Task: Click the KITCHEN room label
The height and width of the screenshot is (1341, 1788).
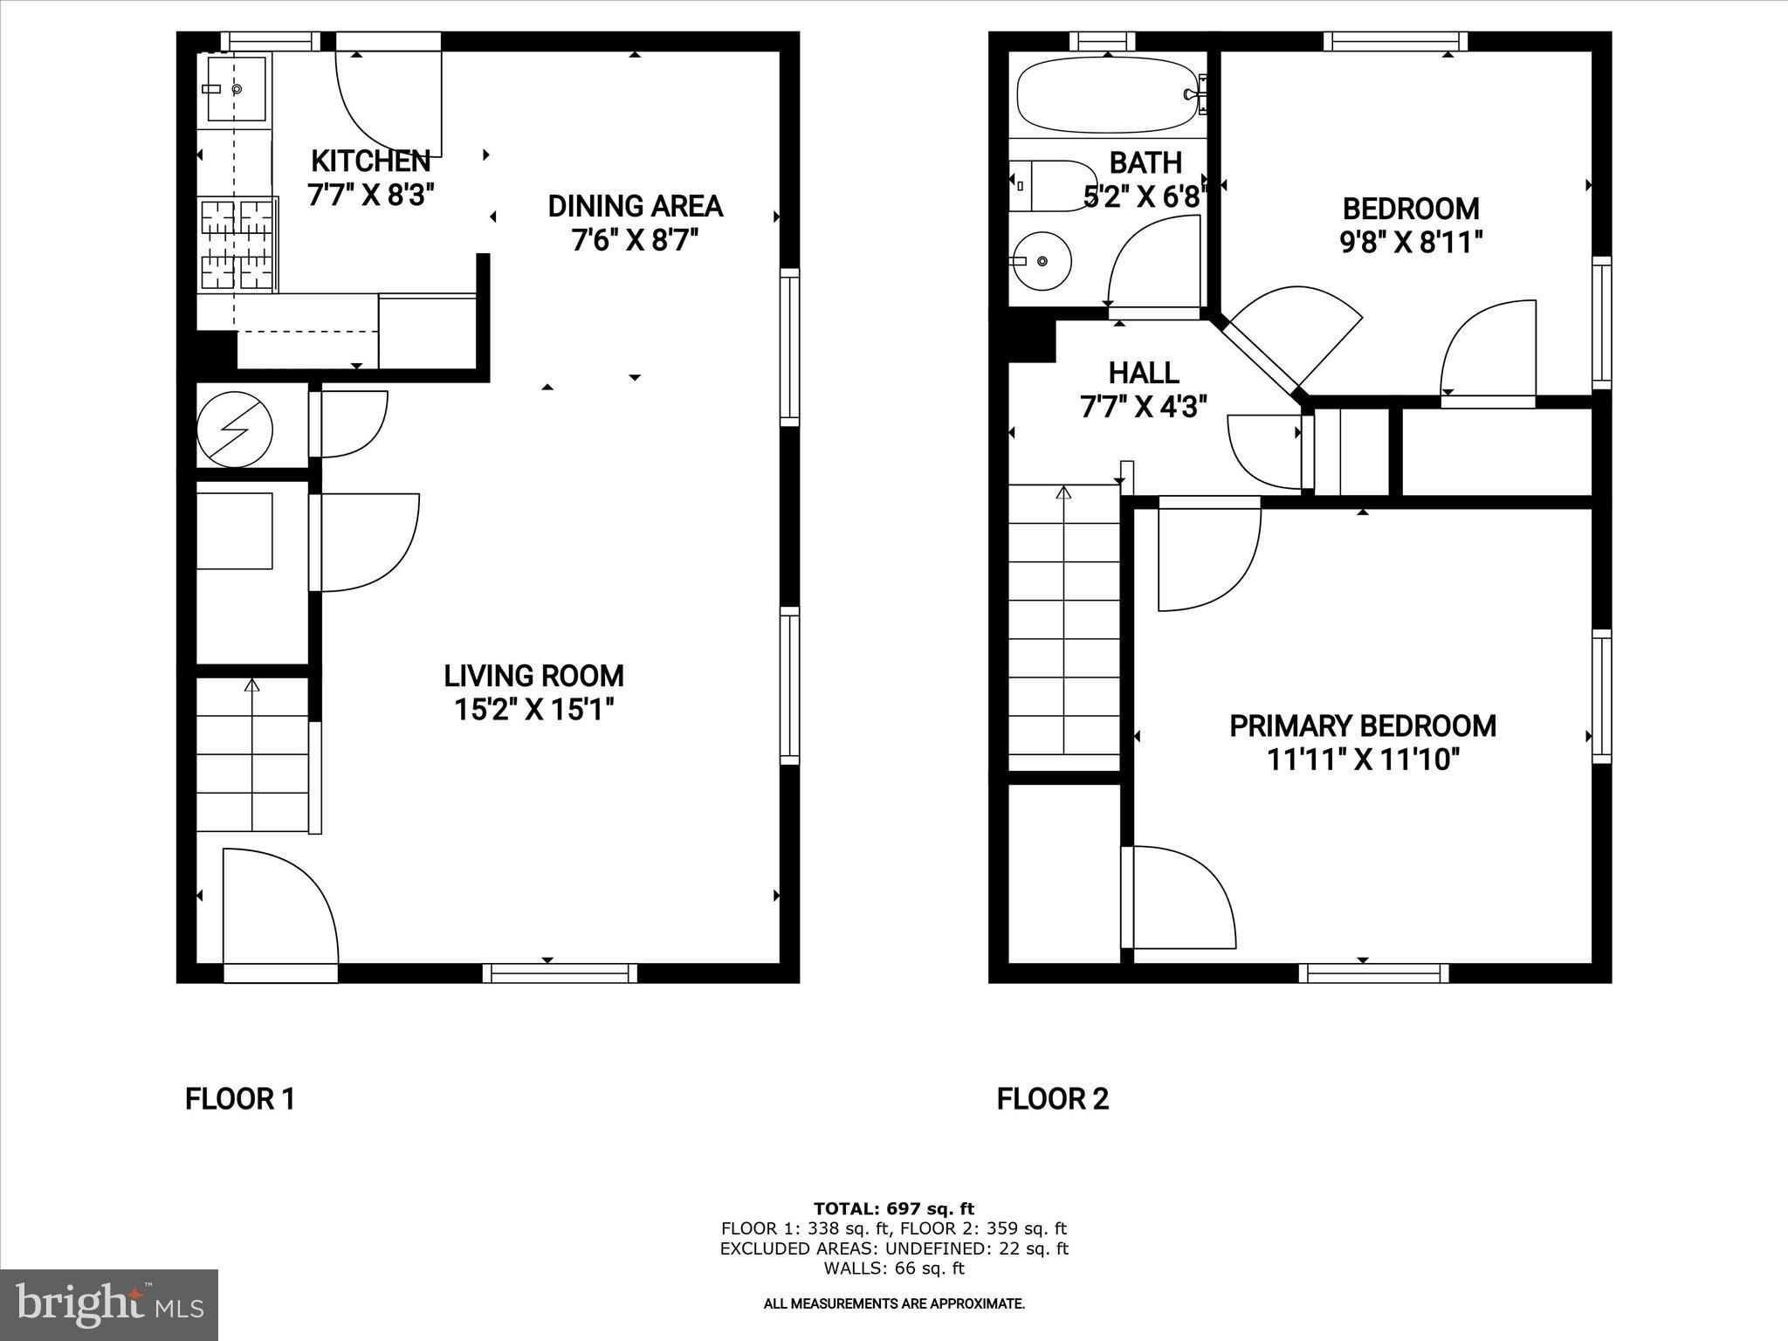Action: coord(370,162)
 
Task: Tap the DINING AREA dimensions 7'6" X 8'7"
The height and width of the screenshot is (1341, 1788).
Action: coord(635,240)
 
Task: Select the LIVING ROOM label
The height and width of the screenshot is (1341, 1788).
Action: coord(533,676)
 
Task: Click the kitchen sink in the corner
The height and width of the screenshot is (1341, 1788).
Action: coord(235,89)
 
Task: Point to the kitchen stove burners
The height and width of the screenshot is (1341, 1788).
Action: coord(237,244)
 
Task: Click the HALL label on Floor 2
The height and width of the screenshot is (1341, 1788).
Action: coord(1144,373)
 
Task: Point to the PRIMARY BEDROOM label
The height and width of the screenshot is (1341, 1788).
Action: coord(1362,726)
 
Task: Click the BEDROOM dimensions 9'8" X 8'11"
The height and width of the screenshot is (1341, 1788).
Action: coord(1411,242)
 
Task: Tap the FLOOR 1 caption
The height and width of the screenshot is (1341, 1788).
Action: coord(240,1098)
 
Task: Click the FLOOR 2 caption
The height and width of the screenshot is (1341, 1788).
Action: coord(1052,1098)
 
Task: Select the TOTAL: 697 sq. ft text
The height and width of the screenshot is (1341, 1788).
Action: coord(893,1209)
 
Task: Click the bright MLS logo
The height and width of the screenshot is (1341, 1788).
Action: coord(109,1304)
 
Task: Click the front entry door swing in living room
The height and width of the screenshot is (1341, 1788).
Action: coord(279,908)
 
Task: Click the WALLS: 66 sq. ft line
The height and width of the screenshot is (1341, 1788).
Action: coord(893,1269)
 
